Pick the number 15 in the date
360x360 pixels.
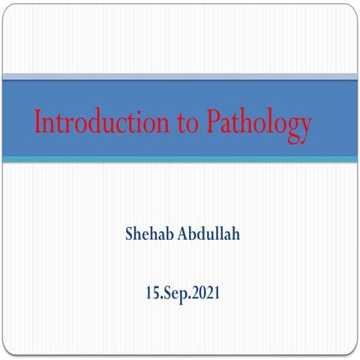click(x=154, y=290)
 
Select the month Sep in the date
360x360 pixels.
click(x=178, y=291)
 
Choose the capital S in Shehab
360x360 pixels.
click(x=130, y=233)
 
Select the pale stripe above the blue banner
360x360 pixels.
click(x=180, y=76)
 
